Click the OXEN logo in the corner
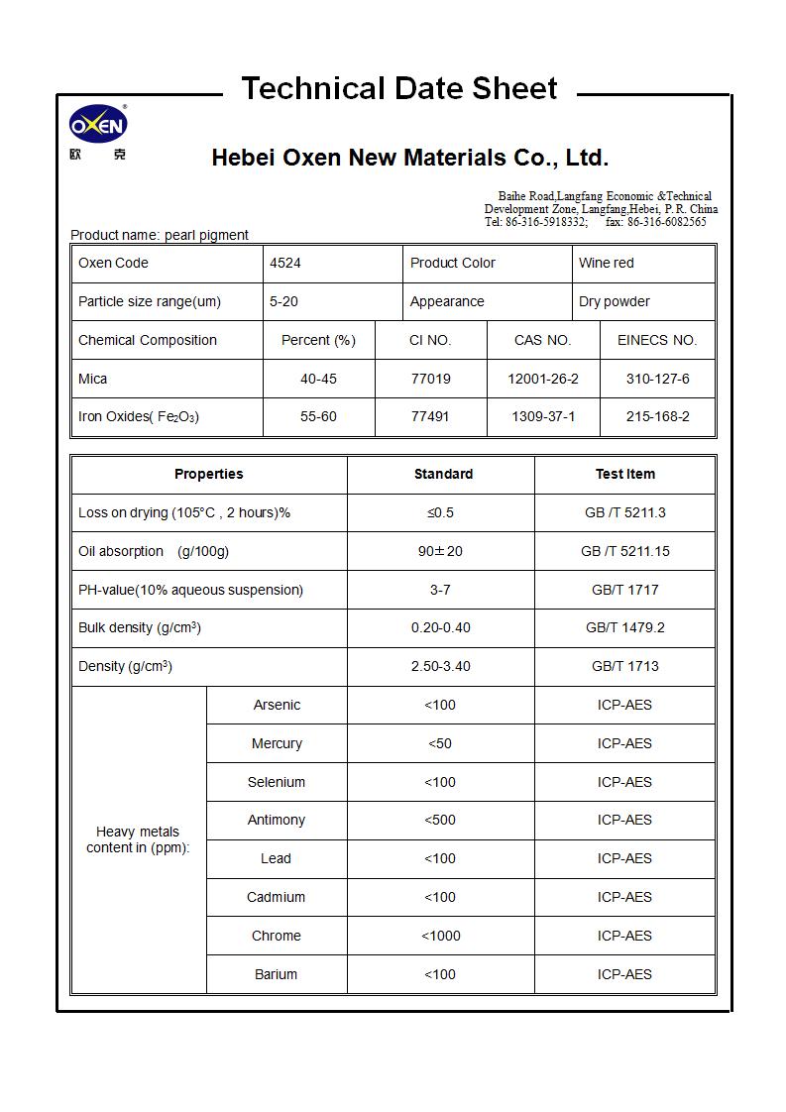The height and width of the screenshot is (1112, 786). [x=98, y=126]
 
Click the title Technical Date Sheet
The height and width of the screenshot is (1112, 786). [x=399, y=88]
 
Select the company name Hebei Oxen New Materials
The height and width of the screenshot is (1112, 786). [x=409, y=158]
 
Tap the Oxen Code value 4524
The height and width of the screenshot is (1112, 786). [x=285, y=263]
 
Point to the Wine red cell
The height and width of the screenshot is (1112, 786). [x=606, y=263]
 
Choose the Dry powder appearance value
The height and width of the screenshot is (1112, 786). [x=614, y=301]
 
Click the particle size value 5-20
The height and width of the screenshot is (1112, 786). [x=283, y=301]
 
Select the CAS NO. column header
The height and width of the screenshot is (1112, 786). [x=542, y=340]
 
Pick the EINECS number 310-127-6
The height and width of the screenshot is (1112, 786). [x=657, y=379]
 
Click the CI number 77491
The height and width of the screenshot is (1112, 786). [x=430, y=416]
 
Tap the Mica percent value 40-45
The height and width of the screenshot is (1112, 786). [x=318, y=379]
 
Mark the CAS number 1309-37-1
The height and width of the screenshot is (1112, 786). [x=542, y=416]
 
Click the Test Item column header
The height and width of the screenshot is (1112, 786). [x=624, y=474]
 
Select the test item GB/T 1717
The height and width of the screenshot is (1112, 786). [x=624, y=590]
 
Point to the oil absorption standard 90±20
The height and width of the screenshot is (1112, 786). [x=440, y=551]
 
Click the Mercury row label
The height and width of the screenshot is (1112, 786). [x=277, y=743]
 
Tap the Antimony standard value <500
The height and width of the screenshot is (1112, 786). [x=440, y=820]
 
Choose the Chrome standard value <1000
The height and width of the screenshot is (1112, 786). [x=440, y=936]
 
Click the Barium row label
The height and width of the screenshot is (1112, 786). [x=276, y=974]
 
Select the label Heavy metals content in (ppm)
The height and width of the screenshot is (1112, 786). [x=138, y=839]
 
